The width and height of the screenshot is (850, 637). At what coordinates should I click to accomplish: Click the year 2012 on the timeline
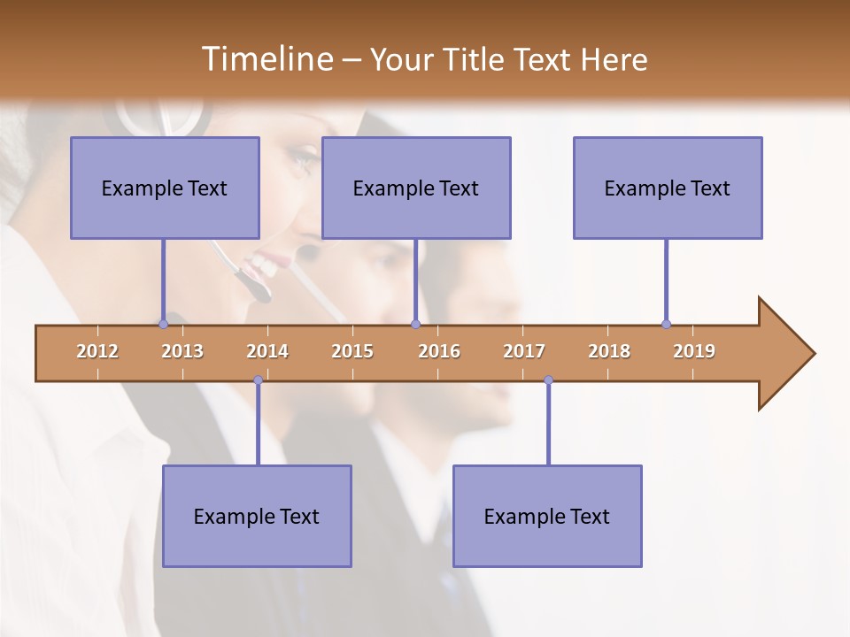[x=97, y=351]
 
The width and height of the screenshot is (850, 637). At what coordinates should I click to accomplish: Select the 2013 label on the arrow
[x=182, y=351]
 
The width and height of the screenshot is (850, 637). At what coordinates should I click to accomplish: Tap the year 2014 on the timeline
[x=267, y=351]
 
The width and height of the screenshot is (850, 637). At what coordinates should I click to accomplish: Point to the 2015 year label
[x=352, y=351]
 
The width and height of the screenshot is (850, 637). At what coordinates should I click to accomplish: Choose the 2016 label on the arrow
[x=439, y=351]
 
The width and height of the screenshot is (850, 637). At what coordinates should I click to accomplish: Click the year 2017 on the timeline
[x=524, y=351]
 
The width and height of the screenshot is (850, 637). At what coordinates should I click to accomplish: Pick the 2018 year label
[x=609, y=351]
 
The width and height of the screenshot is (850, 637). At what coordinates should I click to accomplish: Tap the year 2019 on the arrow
[x=694, y=351]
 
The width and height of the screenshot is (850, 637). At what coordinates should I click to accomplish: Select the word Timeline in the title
[x=265, y=59]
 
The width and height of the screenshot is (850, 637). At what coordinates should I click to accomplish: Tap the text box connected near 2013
[x=165, y=188]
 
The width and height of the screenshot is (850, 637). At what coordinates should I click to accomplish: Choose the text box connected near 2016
[x=416, y=188]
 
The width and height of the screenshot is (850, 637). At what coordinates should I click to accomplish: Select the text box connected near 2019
[x=668, y=188]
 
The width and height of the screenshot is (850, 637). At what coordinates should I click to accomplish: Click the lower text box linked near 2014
[x=257, y=516]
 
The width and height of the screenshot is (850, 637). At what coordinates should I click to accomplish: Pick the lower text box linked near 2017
[x=547, y=516]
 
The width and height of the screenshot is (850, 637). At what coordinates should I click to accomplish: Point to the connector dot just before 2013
[x=163, y=324]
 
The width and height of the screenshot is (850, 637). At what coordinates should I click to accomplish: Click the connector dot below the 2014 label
[x=258, y=380]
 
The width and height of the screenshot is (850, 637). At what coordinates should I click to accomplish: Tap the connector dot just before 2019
[x=666, y=324]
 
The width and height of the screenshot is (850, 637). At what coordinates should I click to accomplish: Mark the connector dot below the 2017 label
[x=548, y=380]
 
